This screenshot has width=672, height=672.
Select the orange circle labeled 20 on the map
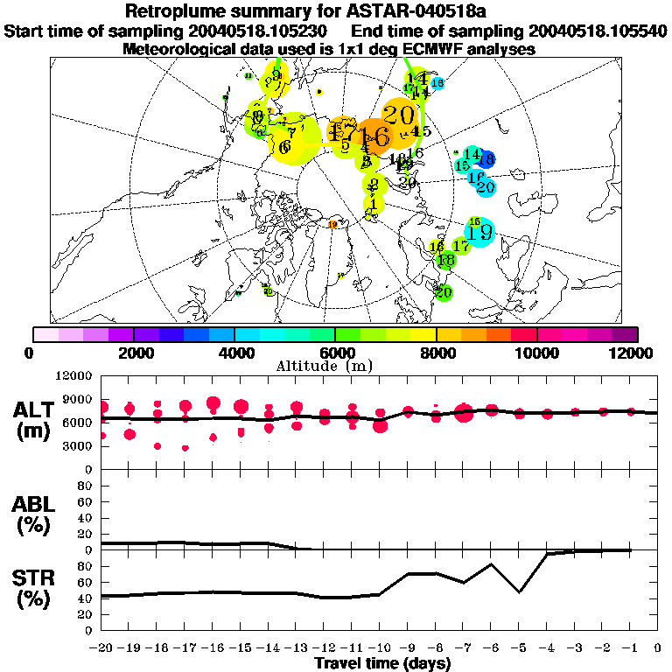coord(399,115)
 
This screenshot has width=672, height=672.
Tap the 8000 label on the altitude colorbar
coord(435,353)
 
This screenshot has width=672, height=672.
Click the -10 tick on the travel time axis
coord(378,648)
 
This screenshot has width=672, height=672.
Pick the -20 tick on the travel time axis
coord(101,648)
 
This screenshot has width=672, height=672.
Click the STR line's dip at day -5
coord(520,591)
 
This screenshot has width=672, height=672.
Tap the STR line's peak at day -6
coord(492,564)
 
